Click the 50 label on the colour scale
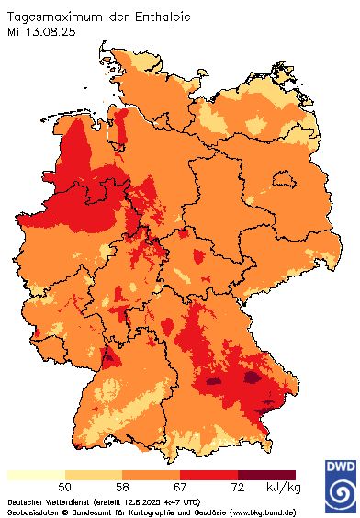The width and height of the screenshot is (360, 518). [x=65, y=486]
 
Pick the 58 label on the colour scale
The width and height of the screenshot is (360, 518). [x=122, y=486]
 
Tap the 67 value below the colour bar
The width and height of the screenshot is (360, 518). [x=180, y=486]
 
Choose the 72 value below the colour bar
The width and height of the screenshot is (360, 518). [x=238, y=486]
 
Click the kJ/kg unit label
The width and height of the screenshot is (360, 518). [x=281, y=486]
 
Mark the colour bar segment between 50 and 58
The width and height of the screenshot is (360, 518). [x=94, y=475]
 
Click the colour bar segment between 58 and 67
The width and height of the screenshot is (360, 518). [x=152, y=475]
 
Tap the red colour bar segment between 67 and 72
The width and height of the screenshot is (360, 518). [x=209, y=475]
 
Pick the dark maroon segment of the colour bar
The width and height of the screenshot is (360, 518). [x=267, y=475]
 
